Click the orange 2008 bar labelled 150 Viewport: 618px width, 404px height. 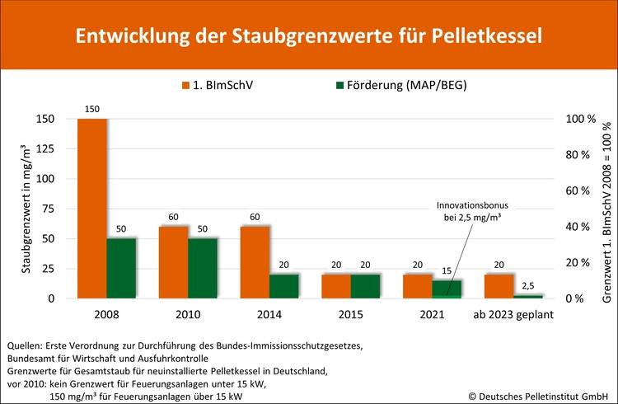point(91,208)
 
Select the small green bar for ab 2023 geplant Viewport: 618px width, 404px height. point(527,296)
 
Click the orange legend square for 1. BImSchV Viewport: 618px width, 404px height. point(185,84)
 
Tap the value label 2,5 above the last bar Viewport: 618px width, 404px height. point(528,285)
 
